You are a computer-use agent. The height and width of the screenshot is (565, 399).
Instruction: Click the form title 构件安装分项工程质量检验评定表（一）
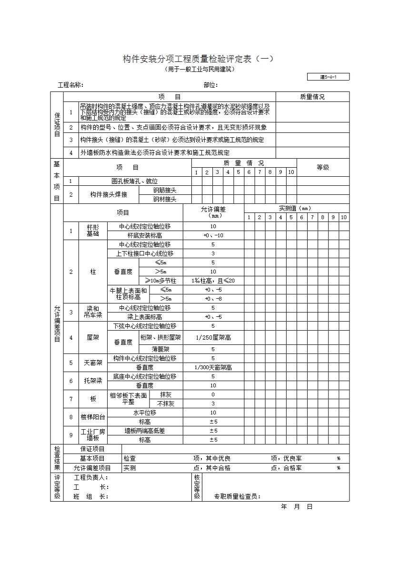[x=199, y=59]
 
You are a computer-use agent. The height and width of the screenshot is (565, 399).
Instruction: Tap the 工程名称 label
[x=70, y=85]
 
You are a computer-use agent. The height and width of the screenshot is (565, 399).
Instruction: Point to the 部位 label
[x=210, y=85]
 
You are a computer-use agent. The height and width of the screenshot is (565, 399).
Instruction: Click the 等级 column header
[x=323, y=167]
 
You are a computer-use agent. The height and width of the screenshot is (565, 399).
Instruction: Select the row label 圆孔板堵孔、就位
[x=134, y=181]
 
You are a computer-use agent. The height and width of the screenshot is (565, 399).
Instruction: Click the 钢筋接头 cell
[x=165, y=190]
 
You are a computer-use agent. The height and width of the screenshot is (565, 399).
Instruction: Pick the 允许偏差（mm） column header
[x=213, y=212]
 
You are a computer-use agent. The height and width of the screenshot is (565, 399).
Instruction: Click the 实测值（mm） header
[x=296, y=208]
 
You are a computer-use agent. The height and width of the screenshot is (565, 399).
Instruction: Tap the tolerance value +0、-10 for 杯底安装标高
[x=213, y=235]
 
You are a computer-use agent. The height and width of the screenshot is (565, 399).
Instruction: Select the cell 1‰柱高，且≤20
[x=213, y=281]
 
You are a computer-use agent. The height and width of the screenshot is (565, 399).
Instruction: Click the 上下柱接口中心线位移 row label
[x=145, y=253]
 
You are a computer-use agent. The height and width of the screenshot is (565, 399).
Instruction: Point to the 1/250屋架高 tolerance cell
[x=213, y=337]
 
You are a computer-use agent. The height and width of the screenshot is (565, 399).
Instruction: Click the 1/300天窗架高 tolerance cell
[x=213, y=367]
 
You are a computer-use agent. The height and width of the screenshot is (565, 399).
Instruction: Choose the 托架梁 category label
[x=93, y=381]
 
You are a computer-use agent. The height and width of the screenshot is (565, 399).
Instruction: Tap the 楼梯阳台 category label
[x=93, y=417]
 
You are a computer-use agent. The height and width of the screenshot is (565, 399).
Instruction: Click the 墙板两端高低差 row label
[x=145, y=431]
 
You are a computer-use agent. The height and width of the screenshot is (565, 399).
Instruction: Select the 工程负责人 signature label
[x=91, y=477]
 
